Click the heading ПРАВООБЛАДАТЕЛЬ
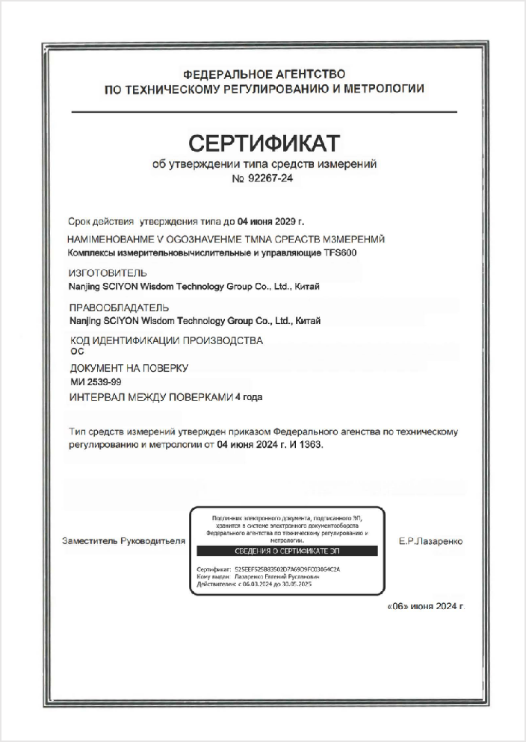(x=118, y=308)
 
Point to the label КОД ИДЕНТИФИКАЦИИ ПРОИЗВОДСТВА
(x=166, y=340)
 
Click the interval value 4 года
(x=249, y=397)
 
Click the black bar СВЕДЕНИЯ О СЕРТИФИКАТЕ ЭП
(x=286, y=551)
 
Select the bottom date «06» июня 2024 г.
(x=426, y=607)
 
